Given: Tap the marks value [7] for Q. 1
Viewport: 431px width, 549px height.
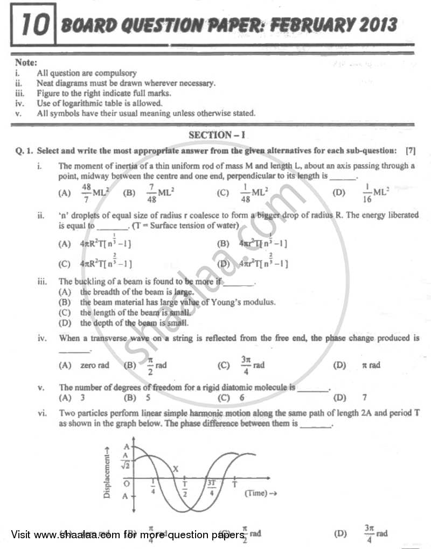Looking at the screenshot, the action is pos(410,151).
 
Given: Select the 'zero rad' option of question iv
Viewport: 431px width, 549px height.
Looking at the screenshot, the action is pos(94,365).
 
